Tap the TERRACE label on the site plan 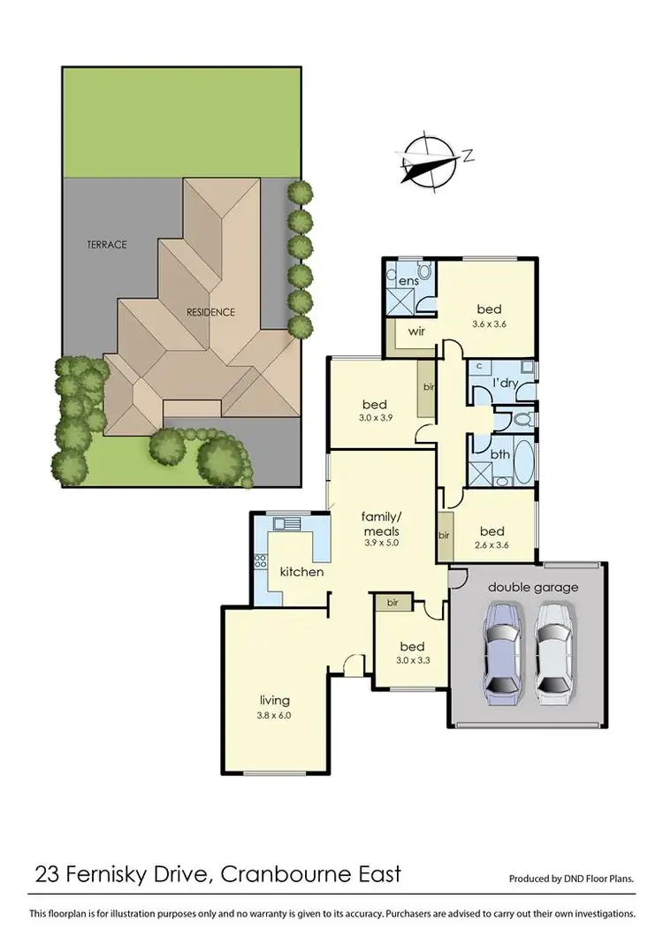(106, 245)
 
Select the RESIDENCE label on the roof (210, 312)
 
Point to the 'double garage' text (533, 587)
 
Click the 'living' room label (275, 700)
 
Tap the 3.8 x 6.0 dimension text (274, 716)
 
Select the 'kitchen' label (301, 572)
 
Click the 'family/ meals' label (381, 522)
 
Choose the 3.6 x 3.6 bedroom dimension (489, 324)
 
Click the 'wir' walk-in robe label (417, 332)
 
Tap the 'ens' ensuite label (408, 281)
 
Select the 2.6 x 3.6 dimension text (492, 546)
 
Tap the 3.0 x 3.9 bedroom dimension (373, 417)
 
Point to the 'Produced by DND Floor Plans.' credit (571, 879)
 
